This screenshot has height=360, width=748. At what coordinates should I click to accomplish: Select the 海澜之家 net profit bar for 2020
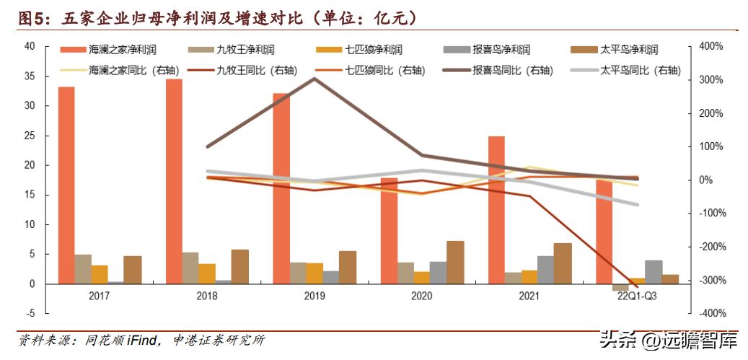tap(389, 231)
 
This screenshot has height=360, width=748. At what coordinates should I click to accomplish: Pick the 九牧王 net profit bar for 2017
tap(83, 269)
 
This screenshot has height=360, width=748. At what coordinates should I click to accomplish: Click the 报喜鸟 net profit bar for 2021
tap(546, 270)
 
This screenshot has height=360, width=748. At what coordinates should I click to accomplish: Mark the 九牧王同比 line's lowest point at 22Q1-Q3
tap(636, 286)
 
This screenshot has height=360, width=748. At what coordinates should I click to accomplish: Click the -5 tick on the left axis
tap(30, 314)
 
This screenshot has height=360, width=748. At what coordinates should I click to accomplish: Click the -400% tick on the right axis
tap(706, 314)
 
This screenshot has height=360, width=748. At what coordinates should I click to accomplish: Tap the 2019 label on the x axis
tap(314, 297)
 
